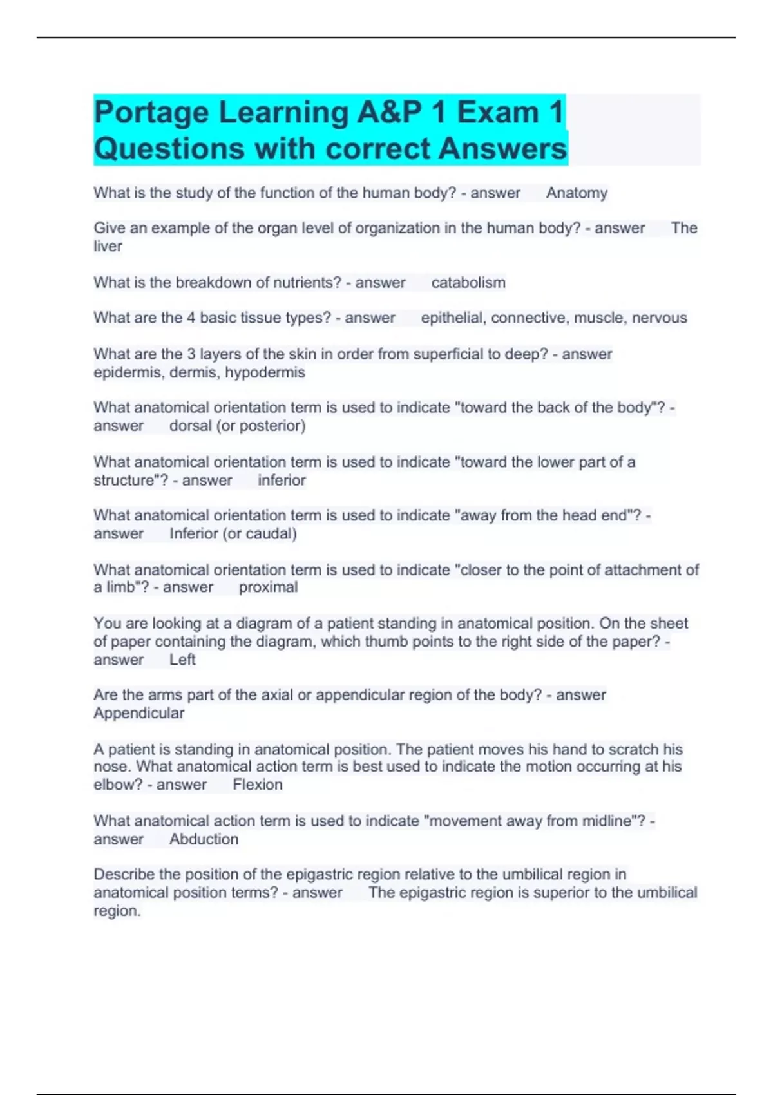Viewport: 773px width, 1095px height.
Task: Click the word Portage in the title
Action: tap(152, 113)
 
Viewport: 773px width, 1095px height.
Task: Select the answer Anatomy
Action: tap(577, 193)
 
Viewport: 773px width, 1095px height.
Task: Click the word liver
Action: tap(108, 247)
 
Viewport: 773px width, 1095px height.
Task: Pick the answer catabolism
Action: tap(468, 283)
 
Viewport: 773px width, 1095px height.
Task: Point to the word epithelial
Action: tap(453, 318)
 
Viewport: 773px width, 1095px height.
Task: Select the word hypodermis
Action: tap(265, 372)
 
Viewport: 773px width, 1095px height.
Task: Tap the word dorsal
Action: tap(190, 426)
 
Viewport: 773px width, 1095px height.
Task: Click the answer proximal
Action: tap(268, 587)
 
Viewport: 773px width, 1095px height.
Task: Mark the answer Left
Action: tap(182, 660)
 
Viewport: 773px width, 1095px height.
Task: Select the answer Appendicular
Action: tap(138, 713)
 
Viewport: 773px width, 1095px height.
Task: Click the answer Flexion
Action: tap(257, 785)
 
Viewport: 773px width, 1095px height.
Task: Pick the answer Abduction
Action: tap(204, 839)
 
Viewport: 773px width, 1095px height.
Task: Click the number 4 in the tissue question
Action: tap(191, 318)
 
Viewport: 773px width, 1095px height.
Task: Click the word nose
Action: tap(111, 766)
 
